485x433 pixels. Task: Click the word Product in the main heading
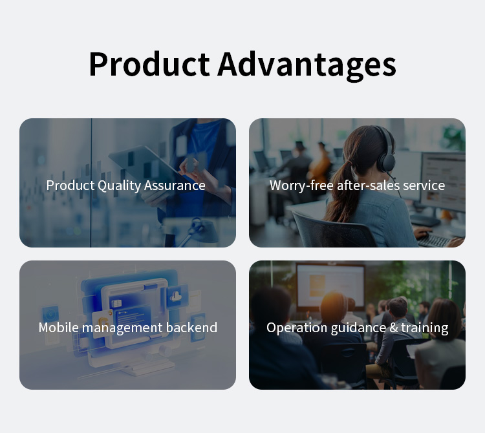(x=149, y=64)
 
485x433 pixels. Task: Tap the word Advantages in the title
(x=307, y=66)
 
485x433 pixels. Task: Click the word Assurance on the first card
(x=175, y=185)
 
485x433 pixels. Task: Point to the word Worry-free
(x=301, y=185)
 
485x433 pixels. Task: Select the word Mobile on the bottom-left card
(x=59, y=328)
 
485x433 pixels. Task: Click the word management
(x=122, y=328)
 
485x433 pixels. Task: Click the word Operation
(x=297, y=328)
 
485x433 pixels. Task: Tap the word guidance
(x=358, y=328)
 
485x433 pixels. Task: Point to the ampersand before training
(x=394, y=328)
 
